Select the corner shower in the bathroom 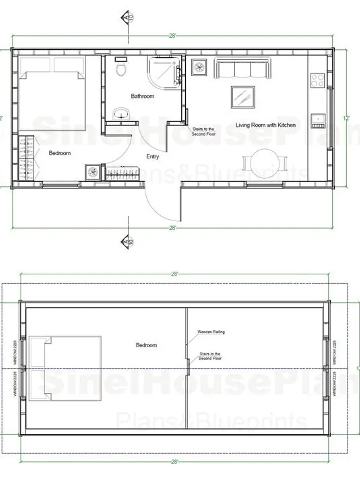(163, 71)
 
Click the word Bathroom (143, 96)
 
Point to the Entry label (153, 157)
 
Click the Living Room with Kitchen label (265, 125)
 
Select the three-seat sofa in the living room (243, 68)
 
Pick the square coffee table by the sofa (243, 97)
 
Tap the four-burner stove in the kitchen (318, 80)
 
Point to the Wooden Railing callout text (211, 332)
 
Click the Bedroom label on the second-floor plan (146, 345)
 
